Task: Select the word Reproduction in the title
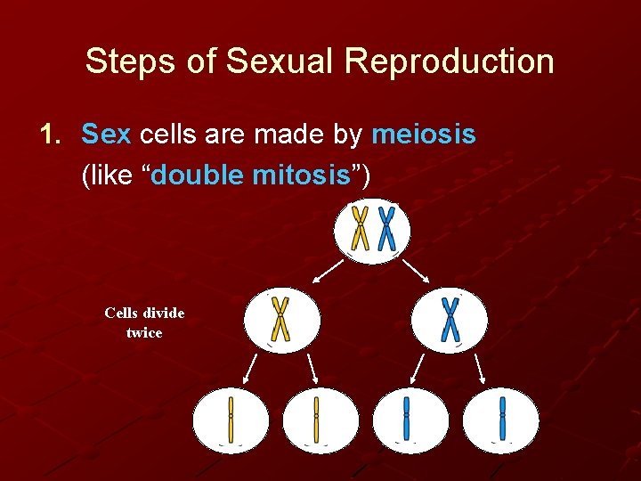(450, 61)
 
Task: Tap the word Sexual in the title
(280, 61)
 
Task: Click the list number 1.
(48, 135)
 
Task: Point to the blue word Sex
(106, 135)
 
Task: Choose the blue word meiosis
(423, 135)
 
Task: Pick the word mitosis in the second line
(303, 175)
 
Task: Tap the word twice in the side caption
(144, 333)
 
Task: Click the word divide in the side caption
(162, 313)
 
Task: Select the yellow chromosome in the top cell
(361, 228)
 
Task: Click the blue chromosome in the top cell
(386, 228)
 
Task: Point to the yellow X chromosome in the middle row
(280, 319)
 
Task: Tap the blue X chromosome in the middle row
(450, 319)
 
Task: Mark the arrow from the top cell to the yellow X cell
(331, 271)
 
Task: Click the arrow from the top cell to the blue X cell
(416, 271)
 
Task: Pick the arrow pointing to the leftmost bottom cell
(251, 367)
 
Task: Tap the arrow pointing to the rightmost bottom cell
(480, 367)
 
